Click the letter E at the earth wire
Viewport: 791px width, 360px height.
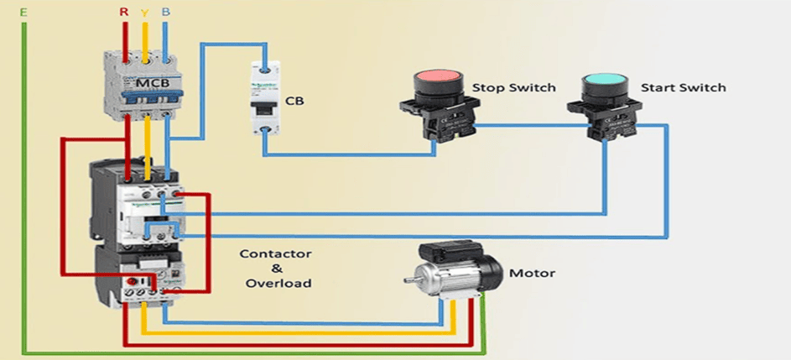(23, 13)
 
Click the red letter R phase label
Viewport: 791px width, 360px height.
(124, 13)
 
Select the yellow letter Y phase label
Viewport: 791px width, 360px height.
(145, 13)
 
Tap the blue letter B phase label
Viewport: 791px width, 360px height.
(165, 13)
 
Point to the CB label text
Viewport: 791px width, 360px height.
(294, 101)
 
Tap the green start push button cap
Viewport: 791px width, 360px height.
(604, 85)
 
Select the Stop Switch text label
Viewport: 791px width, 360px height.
(514, 87)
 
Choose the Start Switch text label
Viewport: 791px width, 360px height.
(683, 87)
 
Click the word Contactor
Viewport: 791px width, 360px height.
(276, 253)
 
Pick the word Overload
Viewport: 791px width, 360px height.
(278, 283)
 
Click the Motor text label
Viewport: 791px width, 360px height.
(532, 273)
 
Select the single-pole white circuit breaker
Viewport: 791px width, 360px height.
(265, 99)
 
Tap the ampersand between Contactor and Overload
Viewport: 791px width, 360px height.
(277, 269)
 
